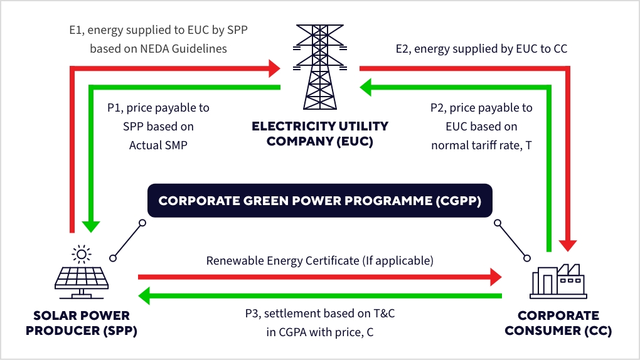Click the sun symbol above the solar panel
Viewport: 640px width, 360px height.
[80, 253]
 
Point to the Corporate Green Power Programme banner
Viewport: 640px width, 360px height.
[320, 201]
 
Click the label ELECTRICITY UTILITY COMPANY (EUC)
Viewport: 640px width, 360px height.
[320, 134]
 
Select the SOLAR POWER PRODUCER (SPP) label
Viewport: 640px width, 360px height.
[74, 322]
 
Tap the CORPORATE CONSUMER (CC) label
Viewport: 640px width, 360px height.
[558, 322]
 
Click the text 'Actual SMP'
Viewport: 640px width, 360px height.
[159, 145]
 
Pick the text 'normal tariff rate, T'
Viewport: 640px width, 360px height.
[481, 145]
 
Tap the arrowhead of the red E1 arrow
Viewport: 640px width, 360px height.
[274, 66]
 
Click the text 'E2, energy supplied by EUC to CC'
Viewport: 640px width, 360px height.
[481, 48]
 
